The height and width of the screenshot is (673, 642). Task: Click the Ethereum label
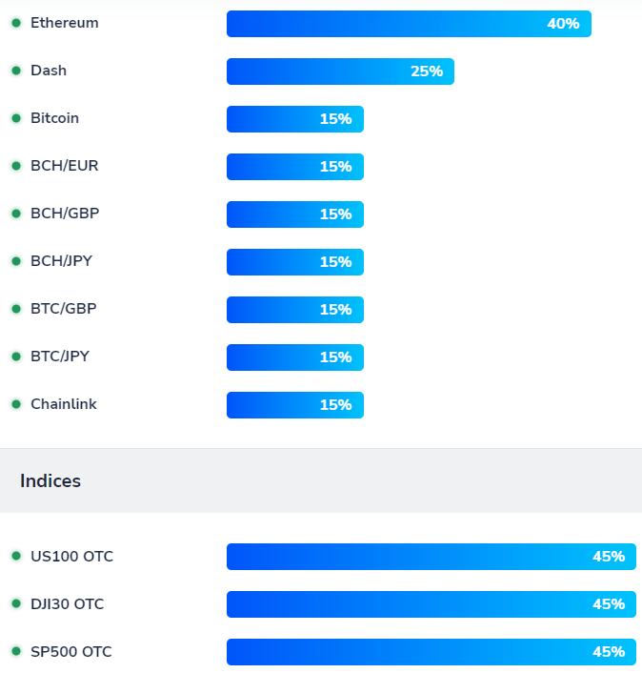(64, 23)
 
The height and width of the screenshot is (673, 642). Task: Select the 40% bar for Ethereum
(409, 24)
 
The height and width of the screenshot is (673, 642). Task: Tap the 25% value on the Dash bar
(427, 71)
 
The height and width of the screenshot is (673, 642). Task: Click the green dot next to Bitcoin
(16, 118)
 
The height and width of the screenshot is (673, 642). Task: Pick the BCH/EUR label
(64, 166)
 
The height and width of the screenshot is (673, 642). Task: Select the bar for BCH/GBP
(294, 214)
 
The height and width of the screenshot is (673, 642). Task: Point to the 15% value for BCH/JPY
(335, 262)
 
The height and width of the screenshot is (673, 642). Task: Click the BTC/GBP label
(63, 309)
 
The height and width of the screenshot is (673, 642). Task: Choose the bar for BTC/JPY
(294, 357)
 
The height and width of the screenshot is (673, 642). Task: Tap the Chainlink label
(64, 404)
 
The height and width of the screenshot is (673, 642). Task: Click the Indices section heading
(50, 481)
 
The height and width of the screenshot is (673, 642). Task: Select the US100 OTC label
(71, 557)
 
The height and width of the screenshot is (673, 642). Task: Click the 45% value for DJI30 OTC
(608, 604)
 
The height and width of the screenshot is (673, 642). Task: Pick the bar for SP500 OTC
(431, 652)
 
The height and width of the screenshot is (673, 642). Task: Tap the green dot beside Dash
(16, 71)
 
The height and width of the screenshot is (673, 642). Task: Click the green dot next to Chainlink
(16, 404)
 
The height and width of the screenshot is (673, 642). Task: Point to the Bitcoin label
(54, 118)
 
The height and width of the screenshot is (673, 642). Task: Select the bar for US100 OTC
(431, 557)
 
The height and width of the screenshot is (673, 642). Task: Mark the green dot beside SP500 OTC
(16, 652)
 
